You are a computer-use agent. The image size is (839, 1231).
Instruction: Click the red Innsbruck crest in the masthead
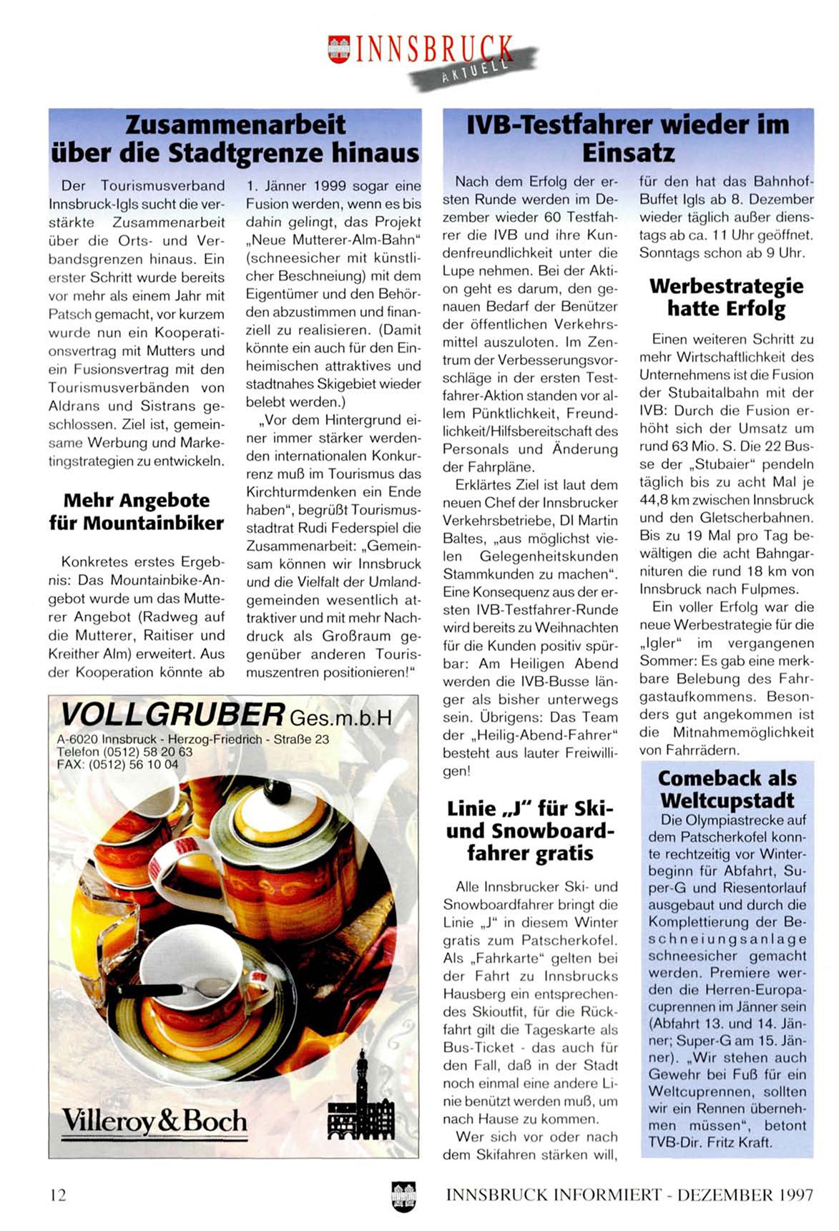point(338,49)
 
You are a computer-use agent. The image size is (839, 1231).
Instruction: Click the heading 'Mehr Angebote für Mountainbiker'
point(136,511)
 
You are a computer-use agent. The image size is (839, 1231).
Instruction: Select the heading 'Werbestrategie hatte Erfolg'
point(726,297)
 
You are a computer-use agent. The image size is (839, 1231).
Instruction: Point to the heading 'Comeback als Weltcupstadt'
point(727,788)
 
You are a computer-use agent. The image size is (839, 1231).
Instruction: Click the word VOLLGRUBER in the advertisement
point(172,714)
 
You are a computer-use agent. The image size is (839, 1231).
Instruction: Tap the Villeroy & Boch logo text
point(154,1121)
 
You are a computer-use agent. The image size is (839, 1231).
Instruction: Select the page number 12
point(58,1195)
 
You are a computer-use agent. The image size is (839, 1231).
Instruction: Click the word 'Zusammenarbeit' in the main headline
point(235,124)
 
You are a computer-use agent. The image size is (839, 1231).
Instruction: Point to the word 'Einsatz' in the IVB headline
point(628,153)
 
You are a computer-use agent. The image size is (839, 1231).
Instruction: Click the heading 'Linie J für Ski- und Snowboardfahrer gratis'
point(530,830)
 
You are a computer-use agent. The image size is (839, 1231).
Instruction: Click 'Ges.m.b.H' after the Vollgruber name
point(340,717)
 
